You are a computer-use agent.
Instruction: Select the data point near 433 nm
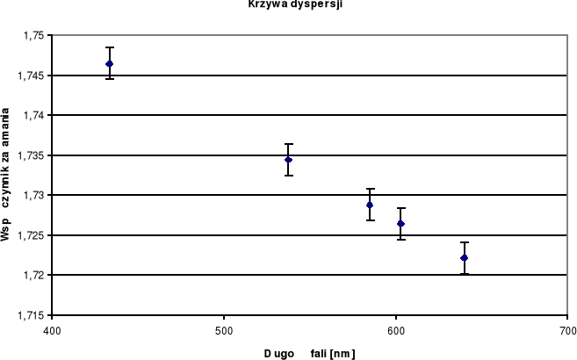point(109,64)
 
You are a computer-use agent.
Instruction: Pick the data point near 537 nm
point(288,160)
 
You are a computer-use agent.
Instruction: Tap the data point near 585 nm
point(370,205)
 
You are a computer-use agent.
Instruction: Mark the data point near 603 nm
point(400,224)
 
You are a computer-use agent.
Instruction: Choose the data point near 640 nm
point(464,257)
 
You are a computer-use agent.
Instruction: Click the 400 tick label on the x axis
point(52,330)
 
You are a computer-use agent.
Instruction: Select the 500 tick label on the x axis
point(224,330)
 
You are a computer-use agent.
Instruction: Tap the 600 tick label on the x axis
point(396,330)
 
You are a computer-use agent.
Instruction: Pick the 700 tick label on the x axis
point(567,330)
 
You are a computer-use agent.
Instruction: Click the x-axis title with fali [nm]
point(309,353)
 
